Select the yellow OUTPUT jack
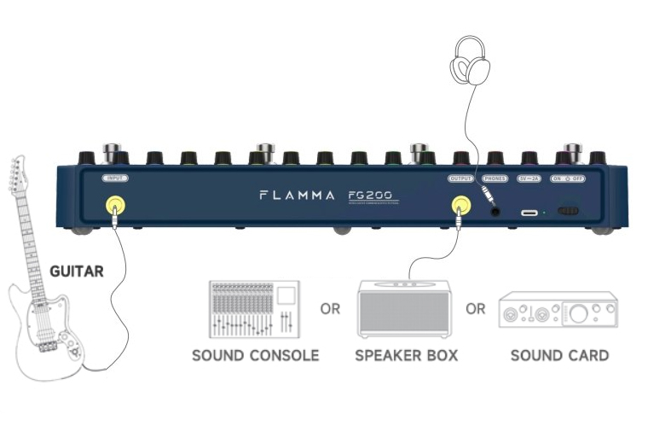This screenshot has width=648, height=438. [x=460, y=205]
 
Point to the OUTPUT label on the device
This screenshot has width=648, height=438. [x=460, y=178]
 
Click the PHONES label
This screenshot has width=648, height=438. [x=495, y=178]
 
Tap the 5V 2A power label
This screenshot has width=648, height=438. [x=529, y=178]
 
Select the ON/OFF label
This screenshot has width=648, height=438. [x=568, y=178]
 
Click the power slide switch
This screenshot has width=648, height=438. [x=569, y=210]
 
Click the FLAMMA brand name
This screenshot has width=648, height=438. [x=297, y=196]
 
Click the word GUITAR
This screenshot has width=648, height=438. [x=77, y=272]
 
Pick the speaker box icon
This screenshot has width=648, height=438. [x=405, y=308]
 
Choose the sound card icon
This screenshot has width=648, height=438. [x=558, y=310]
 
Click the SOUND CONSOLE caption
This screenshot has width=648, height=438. [x=255, y=355]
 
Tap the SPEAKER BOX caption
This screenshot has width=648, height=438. [x=406, y=355]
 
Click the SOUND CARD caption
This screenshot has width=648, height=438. [x=559, y=355]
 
